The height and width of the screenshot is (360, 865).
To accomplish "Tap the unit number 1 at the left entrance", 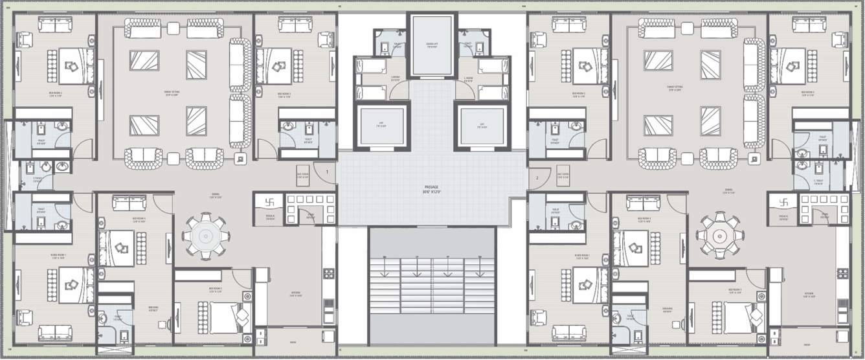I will coord(328,172).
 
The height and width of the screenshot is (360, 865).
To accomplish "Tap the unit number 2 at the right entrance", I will coord(537,177).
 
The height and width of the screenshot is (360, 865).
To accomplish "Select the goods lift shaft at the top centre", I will coord(432,46).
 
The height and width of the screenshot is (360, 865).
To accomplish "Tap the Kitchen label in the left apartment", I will coord(295,294).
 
